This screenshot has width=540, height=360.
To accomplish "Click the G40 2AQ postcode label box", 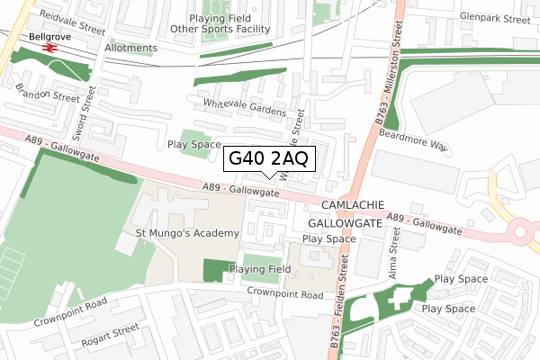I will click(x=269, y=158).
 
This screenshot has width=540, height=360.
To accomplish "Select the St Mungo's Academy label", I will click(x=187, y=233).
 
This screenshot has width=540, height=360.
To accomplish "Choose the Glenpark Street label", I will click(x=491, y=17).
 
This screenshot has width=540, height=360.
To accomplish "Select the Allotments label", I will click(x=130, y=48).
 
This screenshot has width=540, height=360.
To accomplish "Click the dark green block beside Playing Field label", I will click(x=214, y=270).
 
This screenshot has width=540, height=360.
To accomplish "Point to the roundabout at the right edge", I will click(x=527, y=232).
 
